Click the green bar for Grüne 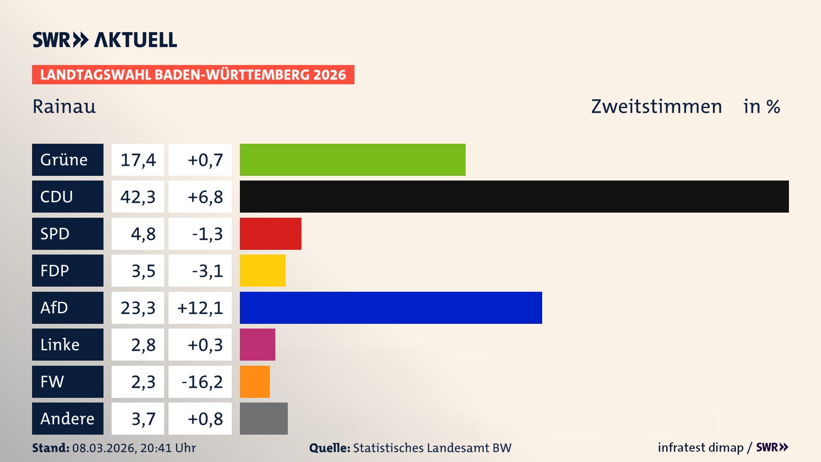coord(352,160)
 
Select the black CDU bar coord(514,197)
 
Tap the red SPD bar coord(270,234)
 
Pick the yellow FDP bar coord(263,270)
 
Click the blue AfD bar coord(391,308)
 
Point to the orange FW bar coord(254,382)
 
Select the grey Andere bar coord(263,418)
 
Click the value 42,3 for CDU coord(138,197)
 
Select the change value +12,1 coord(200,308)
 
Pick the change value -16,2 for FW coord(202,382)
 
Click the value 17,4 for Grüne coord(138,160)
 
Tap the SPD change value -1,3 coord(207,234)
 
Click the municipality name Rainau coord(64,107)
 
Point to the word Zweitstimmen coord(656,107)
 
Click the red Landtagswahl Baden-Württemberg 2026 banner coord(193,75)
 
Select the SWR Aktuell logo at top coord(105,40)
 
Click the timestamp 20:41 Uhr coord(168,448)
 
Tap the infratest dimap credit coord(700,447)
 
